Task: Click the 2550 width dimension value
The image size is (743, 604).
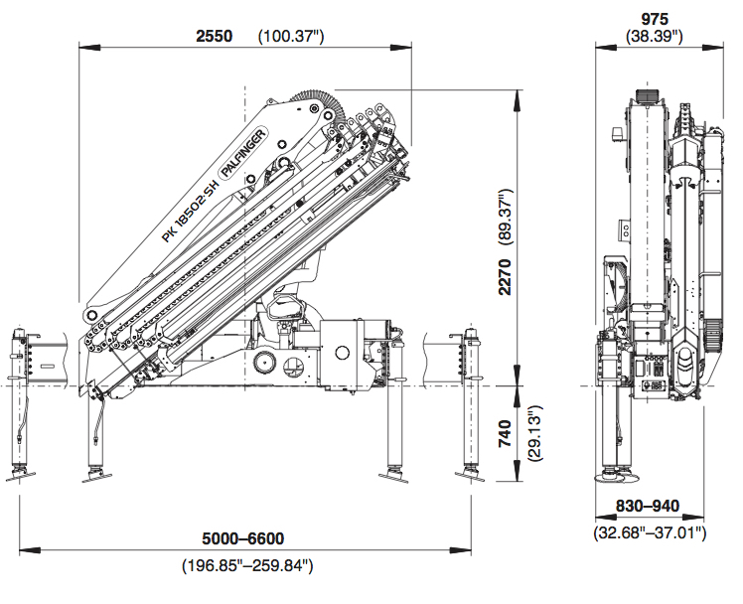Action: (214, 36)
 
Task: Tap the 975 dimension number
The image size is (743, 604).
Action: (655, 19)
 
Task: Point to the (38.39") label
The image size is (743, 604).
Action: (655, 36)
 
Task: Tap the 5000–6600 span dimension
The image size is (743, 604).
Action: (243, 538)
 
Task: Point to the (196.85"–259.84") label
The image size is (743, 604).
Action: (247, 565)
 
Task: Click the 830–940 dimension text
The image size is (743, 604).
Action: (647, 507)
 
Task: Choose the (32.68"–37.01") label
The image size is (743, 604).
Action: (650, 533)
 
